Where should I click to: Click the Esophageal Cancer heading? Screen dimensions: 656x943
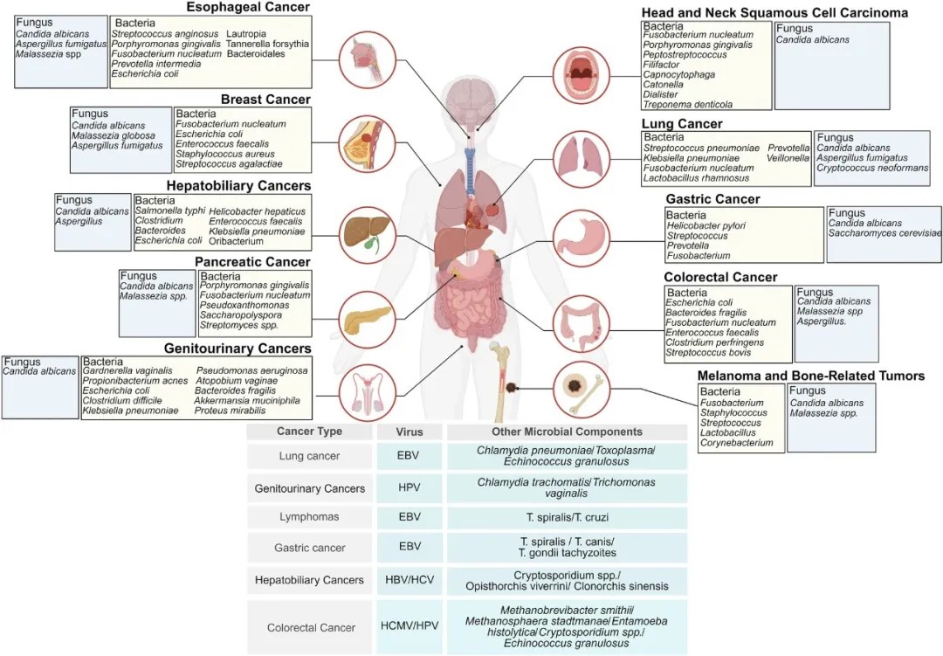click(248, 7)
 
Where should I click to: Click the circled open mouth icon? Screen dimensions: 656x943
click(579, 67)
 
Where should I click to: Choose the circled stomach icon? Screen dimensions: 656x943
click(578, 236)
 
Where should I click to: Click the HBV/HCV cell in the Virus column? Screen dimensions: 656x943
click(410, 580)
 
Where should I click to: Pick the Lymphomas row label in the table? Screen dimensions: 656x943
click(309, 517)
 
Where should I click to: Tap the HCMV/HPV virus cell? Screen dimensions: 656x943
click(410, 627)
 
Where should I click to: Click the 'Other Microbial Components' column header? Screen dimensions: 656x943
click(567, 432)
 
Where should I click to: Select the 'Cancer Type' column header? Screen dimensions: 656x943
click(309, 432)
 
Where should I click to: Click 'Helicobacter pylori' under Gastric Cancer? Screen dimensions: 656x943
click(706, 225)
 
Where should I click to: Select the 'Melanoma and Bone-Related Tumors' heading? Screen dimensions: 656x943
click(811, 376)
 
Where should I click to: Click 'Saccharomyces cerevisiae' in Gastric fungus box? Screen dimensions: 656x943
click(885, 233)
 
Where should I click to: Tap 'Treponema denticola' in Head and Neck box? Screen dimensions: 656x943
click(689, 103)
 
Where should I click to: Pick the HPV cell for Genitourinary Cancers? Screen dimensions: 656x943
click(410, 487)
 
